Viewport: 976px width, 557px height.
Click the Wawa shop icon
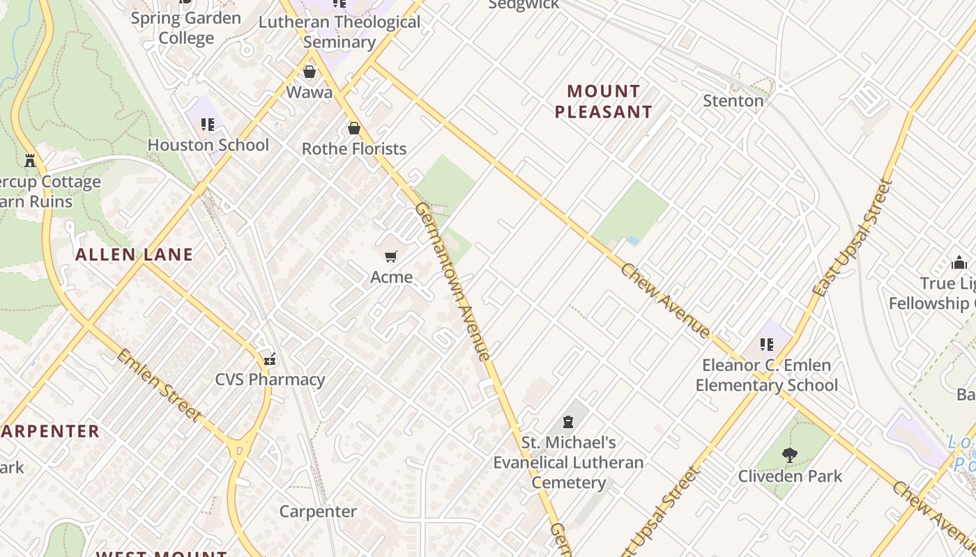pyautogui.click(x=310, y=72)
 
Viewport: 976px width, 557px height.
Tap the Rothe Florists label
pyautogui.click(x=353, y=148)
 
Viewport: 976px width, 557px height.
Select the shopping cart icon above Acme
pyautogui.click(x=391, y=257)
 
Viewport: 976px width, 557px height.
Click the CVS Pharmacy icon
pyautogui.click(x=270, y=360)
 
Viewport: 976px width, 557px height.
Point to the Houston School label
pyautogui.click(x=208, y=145)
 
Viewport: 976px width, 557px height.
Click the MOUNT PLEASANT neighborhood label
pyautogui.click(x=603, y=102)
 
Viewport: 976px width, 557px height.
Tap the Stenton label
pyautogui.click(x=733, y=101)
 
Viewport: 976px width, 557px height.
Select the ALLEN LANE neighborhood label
pyautogui.click(x=134, y=255)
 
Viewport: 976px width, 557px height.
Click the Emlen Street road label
pyautogui.click(x=158, y=386)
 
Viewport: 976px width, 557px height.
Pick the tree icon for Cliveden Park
pyautogui.click(x=790, y=456)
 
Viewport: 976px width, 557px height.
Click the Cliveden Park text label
pyautogui.click(x=790, y=476)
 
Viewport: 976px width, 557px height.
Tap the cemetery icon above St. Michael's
pyautogui.click(x=568, y=422)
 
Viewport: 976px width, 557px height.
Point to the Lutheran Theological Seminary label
pyautogui.click(x=340, y=32)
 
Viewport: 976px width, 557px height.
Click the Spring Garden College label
pyautogui.click(x=185, y=28)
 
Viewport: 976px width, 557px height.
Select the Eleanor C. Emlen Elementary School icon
pyautogui.click(x=767, y=344)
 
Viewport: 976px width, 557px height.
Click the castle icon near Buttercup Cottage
pyautogui.click(x=30, y=161)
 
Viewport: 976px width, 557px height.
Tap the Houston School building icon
pyautogui.click(x=207, y=125)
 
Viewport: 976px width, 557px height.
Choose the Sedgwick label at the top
pyautogui.click(x=523, y=5)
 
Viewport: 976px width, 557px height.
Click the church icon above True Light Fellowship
pyautogui.click(x=959, y=262)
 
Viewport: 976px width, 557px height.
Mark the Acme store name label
pyautogui.click(x=391, y=277)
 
